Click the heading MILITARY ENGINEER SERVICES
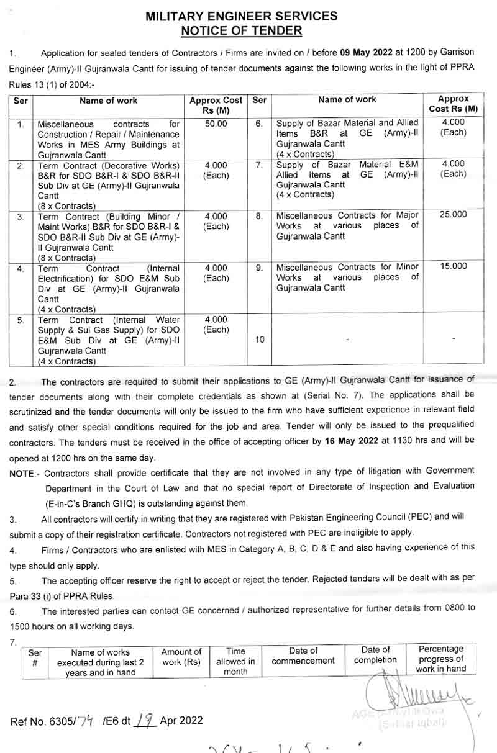(x=242, y=17)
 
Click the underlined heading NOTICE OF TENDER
(x=242, y=30)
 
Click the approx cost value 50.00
(x=216, y=124)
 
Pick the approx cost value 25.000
(x=454, y=215)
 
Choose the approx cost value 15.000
(x=454, y=266)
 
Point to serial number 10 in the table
(x=260, y=340)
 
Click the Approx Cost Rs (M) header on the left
(x=216, y=105)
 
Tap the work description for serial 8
(x=347, y=225)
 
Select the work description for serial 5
(x=109, y=340)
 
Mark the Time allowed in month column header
(x=235, y=661)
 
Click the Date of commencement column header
(x=303, y=656)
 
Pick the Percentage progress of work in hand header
(x=440, y=659)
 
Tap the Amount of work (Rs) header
(x=181, y=657)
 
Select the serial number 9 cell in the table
(x=260, y=267)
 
